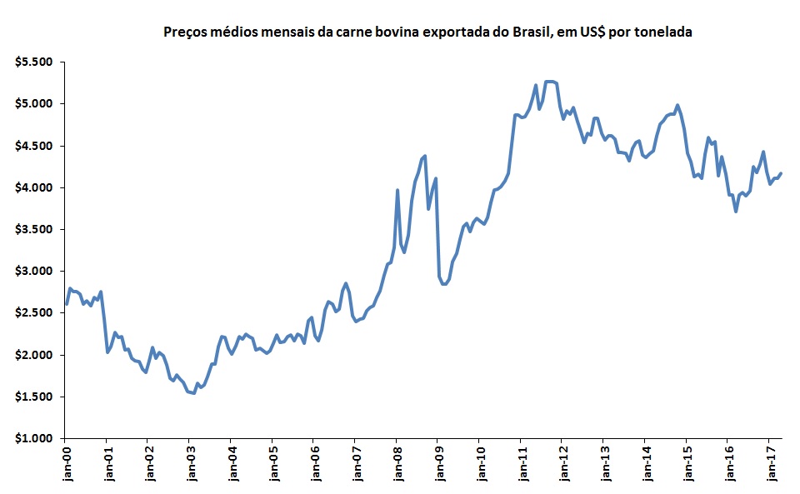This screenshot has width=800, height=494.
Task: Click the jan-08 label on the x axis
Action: click(x=397, y=465)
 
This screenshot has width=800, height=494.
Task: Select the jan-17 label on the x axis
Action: click(x=770, y=465)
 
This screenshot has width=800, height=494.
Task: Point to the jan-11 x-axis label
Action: click(x=521, y=465)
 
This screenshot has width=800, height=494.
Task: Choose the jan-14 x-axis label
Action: click(x=646, y=465)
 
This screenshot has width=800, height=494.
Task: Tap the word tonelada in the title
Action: click(x=662, y=32)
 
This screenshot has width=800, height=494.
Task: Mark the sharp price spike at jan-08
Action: click(x=397, y=191)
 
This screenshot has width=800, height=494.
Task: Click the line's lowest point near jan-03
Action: click(x=193, y=393)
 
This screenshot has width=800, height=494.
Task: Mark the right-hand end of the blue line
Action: click(x=781, y=173)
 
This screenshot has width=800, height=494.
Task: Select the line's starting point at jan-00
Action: click(x=66, y=304)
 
